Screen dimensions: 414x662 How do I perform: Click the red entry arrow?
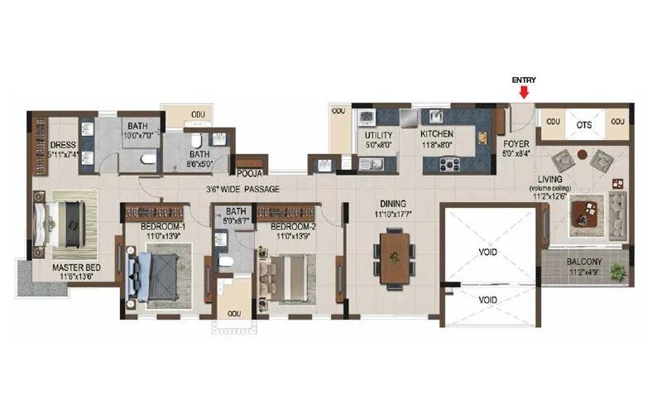523,92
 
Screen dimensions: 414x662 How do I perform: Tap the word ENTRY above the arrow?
523,79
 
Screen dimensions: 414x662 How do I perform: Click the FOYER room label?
516,143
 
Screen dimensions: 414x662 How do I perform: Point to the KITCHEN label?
436,133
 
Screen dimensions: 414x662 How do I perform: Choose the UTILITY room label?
378,133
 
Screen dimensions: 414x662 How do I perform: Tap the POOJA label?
249,174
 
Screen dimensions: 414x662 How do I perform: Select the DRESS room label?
63,145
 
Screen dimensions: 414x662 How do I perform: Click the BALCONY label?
583,262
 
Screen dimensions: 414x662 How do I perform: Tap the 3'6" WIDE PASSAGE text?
243,190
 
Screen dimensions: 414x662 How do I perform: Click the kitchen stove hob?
450,164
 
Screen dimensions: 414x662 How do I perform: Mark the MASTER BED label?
77,267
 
